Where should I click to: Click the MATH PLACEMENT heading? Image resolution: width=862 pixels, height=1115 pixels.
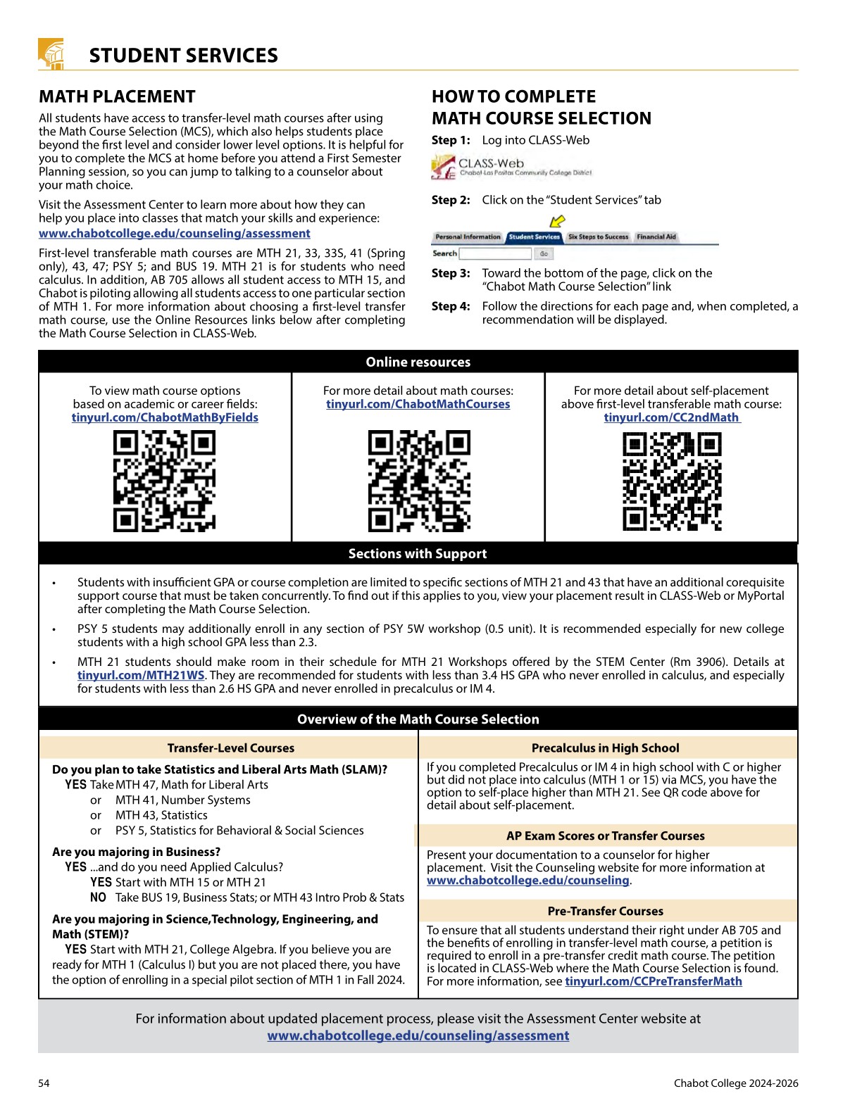click(x=117, y=97)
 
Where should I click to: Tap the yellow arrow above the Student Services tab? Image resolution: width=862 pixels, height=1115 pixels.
click(x=557, y=222)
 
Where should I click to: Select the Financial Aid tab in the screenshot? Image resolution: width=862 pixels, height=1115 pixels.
click(x=656, y=237)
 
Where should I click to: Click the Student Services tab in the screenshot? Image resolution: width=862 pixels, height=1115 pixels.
click(x=534, y=237)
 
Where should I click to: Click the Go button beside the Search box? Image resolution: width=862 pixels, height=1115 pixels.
click(x=544, y=253)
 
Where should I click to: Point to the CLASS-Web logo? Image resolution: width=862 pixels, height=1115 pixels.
click(x=512, y=167)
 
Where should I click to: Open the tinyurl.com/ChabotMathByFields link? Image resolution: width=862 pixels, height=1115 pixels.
click(x=165, y=417)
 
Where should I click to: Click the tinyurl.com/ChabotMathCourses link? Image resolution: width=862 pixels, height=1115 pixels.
click(x=418, y=404)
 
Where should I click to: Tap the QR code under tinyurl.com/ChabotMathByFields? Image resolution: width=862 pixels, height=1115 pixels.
click(x=164, y=481)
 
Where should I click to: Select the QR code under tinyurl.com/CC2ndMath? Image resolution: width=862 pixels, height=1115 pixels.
click(x=672, y=481)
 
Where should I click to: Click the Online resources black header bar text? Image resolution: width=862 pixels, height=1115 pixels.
click(x=418, y=362)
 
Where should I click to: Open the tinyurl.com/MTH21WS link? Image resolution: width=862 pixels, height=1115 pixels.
click(x=141, y=675)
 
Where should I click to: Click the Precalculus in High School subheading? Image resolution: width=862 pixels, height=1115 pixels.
click(x=605, y=748)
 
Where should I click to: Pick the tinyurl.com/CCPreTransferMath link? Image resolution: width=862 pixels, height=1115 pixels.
click(x=653, y=981)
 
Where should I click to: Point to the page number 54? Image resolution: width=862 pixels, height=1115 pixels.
click(x=44, y=1083)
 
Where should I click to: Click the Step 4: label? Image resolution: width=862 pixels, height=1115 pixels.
click(x=451, y=306)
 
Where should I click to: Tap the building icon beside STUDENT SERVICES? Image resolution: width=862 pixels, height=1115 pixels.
click(x=51, y=54)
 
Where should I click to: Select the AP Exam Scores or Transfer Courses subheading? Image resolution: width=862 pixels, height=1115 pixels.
click(x=605, y=836)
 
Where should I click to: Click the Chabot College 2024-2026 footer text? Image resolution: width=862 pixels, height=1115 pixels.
click(x=735, y=1083)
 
